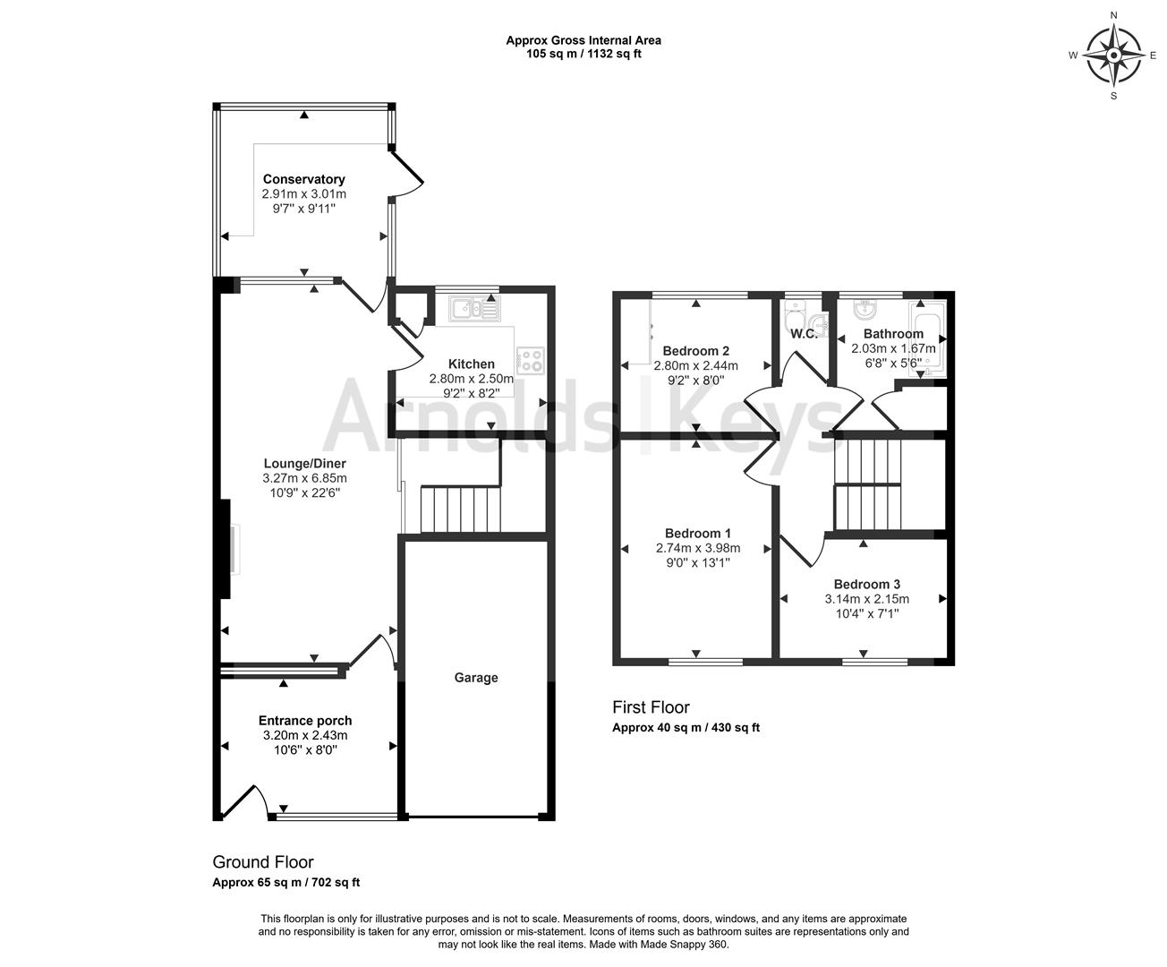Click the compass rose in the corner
1113,56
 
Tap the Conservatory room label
303,179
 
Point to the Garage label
475,678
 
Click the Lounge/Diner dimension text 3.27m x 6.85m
304,478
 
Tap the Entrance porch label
305,720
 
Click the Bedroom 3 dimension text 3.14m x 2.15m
866,599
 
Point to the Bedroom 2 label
696,350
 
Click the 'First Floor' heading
651,707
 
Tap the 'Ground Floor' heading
262,862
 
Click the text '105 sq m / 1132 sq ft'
583,54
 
